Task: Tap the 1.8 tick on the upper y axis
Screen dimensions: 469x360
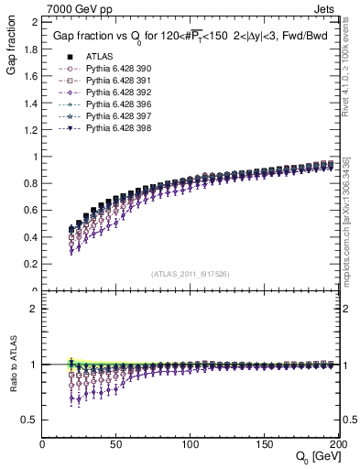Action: click(x=33, y=48)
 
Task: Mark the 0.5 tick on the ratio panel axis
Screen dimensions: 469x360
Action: click(x=32, y=420)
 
